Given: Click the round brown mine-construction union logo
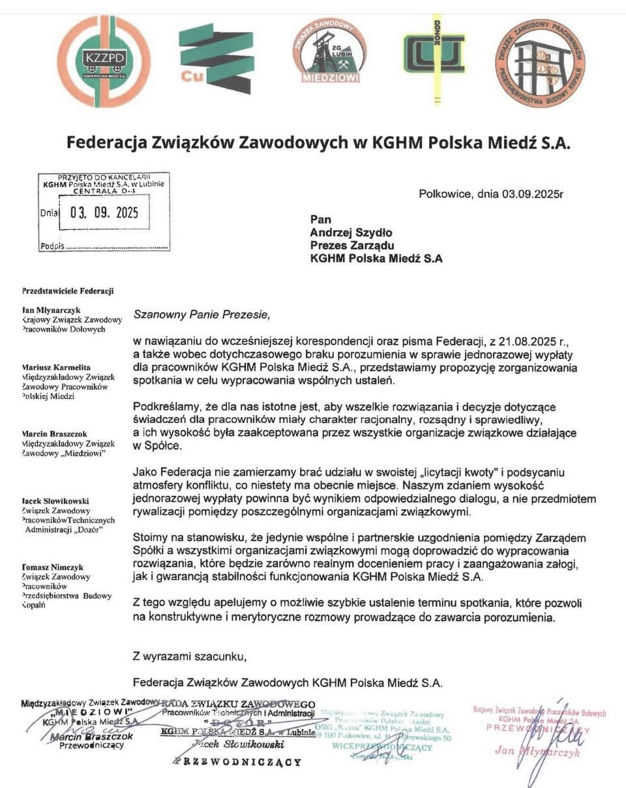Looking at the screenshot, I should point(540,63).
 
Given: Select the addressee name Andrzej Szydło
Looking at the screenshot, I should point(351,233).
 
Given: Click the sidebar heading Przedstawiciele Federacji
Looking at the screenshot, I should point(68,290).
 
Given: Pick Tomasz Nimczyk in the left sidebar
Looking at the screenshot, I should point(53,567).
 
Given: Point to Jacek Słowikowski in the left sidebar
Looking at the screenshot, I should point(55,501).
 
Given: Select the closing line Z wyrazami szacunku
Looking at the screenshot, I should point(190,656).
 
